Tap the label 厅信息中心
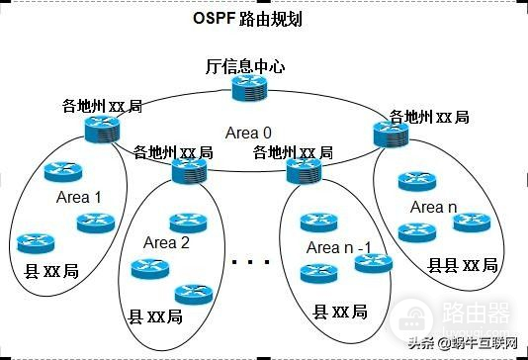tap(245, 67)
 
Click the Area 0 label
tap(248, 132)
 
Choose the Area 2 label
tap(166, 242)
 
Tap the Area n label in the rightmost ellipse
tap(433, 208)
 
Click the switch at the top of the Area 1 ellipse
tap(101, 127)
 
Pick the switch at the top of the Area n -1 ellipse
tap(300, 171)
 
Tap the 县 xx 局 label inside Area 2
tap(156, 317)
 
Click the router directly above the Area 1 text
tap(60, 172)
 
